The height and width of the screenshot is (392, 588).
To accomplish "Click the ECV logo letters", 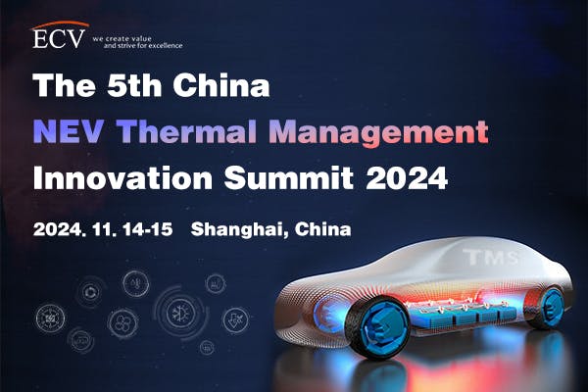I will [x=58, y=38].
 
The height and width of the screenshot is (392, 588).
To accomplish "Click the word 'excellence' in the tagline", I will [x=163, y=45].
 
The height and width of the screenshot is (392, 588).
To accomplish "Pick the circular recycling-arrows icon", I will [x=91, y=291].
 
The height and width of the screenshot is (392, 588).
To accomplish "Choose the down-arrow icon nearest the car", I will [x=234, y=318].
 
